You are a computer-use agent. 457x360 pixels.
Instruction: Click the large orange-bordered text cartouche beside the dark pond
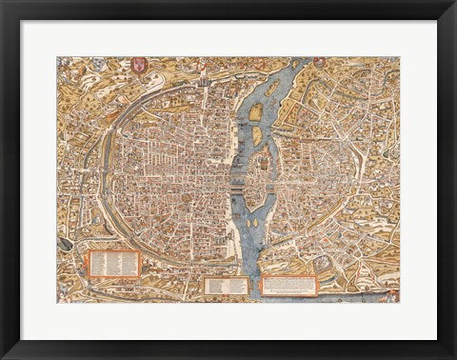click(114, 262)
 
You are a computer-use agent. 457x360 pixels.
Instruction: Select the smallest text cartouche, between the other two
click(227, 284)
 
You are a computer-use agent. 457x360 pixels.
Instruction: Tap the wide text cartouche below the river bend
click(288, 285)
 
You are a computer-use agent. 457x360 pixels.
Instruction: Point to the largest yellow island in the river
click(255, 113)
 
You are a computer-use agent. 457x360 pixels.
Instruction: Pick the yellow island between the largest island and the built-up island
click(257, 136)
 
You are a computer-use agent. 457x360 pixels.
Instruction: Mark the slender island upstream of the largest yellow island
click(272, 88)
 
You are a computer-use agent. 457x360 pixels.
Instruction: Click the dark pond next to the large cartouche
click(66, 244)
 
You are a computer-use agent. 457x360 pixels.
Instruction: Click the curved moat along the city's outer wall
click(103, 162)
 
